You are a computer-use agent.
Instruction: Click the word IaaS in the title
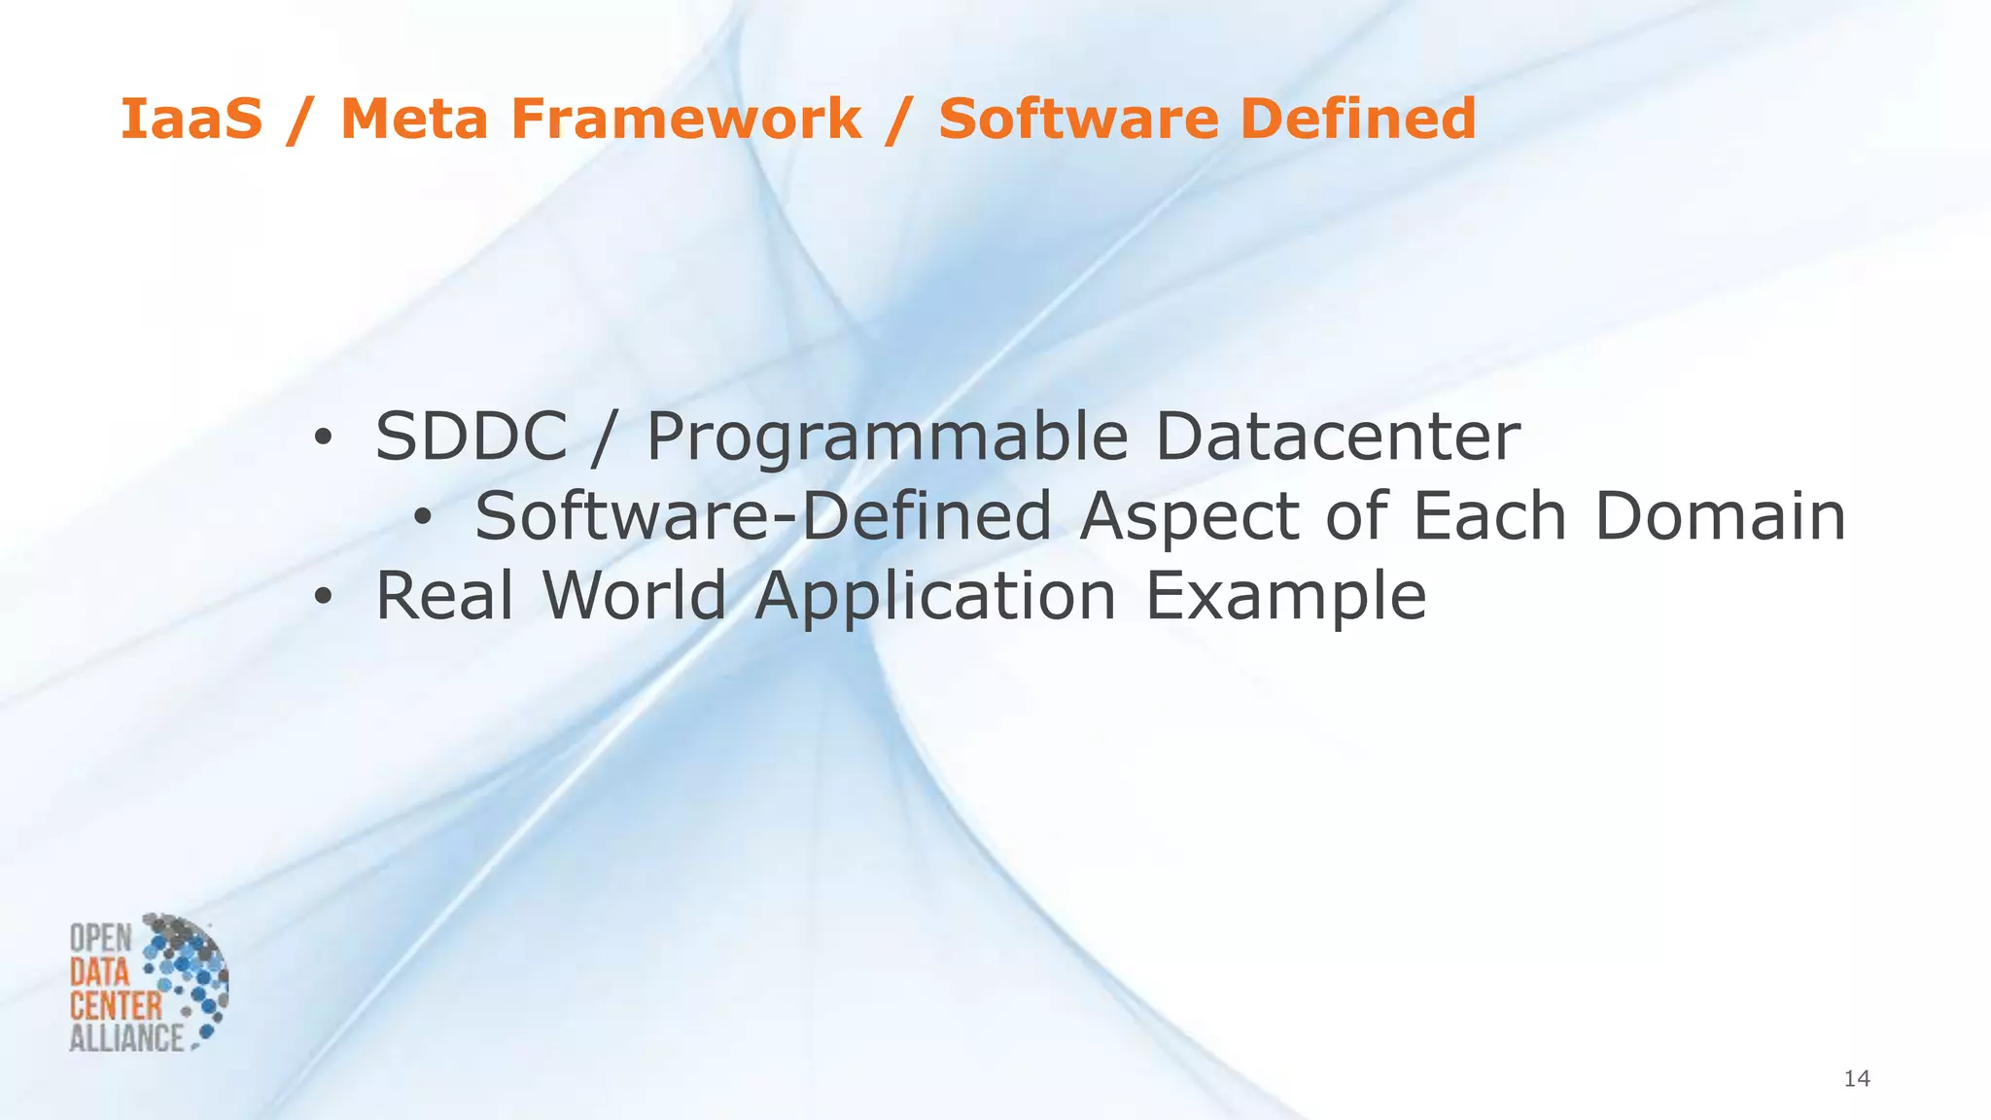tap(192, 119)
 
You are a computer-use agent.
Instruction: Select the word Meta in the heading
tap(413, 119)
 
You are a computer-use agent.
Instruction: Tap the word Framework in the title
tap(686, 119)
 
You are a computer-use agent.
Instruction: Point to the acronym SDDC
tap(471, 437)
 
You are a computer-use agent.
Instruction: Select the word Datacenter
tap(1337, 437)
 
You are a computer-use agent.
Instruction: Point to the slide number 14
tap(1857, 1078)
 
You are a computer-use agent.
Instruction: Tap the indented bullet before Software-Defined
tap(422, 519)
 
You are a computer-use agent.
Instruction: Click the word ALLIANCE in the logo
tap(126, 1037)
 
